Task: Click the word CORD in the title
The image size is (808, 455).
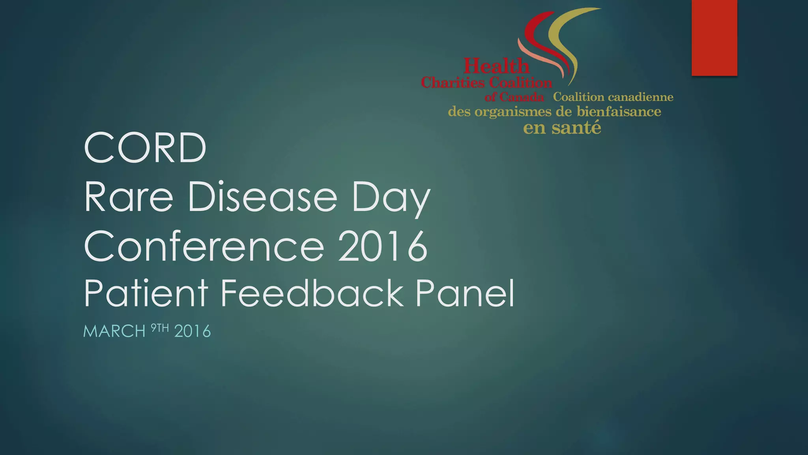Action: tap(145, 148)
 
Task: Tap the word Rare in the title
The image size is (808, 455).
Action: tap(129, 197)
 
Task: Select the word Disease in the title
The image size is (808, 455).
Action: tap(262, 197)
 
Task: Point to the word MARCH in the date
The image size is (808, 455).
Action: tap(114, 331)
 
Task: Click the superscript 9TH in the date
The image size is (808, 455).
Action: tap(160, 328)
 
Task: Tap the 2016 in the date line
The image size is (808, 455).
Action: tap(193, 331)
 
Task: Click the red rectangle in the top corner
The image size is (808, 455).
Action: tap(714, 38)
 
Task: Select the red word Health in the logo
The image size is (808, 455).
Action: tap(496, 66)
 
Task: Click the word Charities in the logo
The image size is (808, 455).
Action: tap(453, 83)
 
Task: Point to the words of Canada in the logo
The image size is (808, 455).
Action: tap(514, 97)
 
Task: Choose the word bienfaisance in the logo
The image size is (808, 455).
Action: tap(619, 112)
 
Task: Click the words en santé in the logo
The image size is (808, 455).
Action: tap(562, 128)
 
